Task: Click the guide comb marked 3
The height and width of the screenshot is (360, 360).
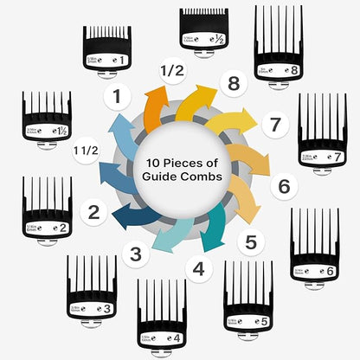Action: coord(91,286)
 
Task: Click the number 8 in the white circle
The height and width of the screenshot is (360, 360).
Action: coord(233,85)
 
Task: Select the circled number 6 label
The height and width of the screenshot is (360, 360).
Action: coord(283,184)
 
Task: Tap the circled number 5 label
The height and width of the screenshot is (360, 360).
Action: coord(250,242)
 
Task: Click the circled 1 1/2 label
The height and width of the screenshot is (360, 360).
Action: coord(86,150)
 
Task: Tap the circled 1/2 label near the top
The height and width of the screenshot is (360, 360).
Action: coord(171,69)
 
